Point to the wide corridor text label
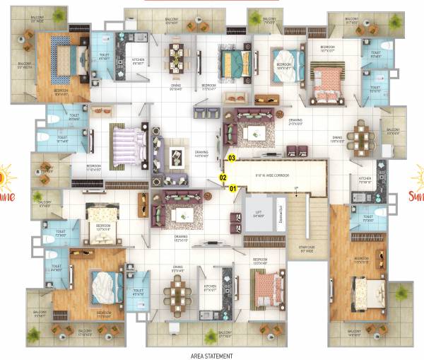click(272, 175)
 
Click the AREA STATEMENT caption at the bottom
click(211, 356)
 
